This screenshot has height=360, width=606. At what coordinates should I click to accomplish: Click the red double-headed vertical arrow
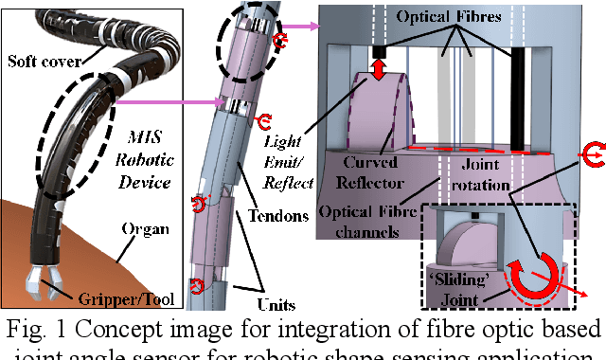pyautogui.click(x=378, y=68)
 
